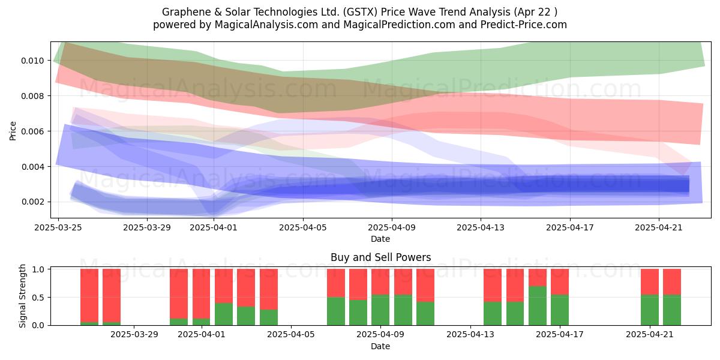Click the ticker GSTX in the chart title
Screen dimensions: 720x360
coord(360,12)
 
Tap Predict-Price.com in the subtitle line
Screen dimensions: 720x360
coord(524,25)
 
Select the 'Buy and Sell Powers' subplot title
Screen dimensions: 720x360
coord(380,257)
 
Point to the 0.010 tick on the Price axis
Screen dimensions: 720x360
coord(32,61)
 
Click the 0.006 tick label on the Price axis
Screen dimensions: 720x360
coord(32,131)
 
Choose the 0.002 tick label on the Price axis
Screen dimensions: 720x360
coord(32,202)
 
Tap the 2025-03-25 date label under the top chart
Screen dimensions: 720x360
coord(58,227)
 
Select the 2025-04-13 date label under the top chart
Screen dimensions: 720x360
coord(481,227)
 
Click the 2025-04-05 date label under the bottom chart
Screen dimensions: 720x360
coord(291,334)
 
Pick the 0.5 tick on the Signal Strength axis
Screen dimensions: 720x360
coord(40,298)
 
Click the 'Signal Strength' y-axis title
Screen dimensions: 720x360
coord(22,296)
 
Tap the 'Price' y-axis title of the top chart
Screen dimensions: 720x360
coord(13,131)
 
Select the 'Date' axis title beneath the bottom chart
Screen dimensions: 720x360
coord(380,346)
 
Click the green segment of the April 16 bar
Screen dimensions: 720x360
coord(538,305)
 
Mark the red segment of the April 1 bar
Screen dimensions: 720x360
coord(201,294)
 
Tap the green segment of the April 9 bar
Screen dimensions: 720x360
coord(380,310)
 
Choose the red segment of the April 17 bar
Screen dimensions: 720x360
coord(560,282)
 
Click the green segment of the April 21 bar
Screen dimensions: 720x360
coord(650,310)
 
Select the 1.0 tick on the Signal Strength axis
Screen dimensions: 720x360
coord(40,269)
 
